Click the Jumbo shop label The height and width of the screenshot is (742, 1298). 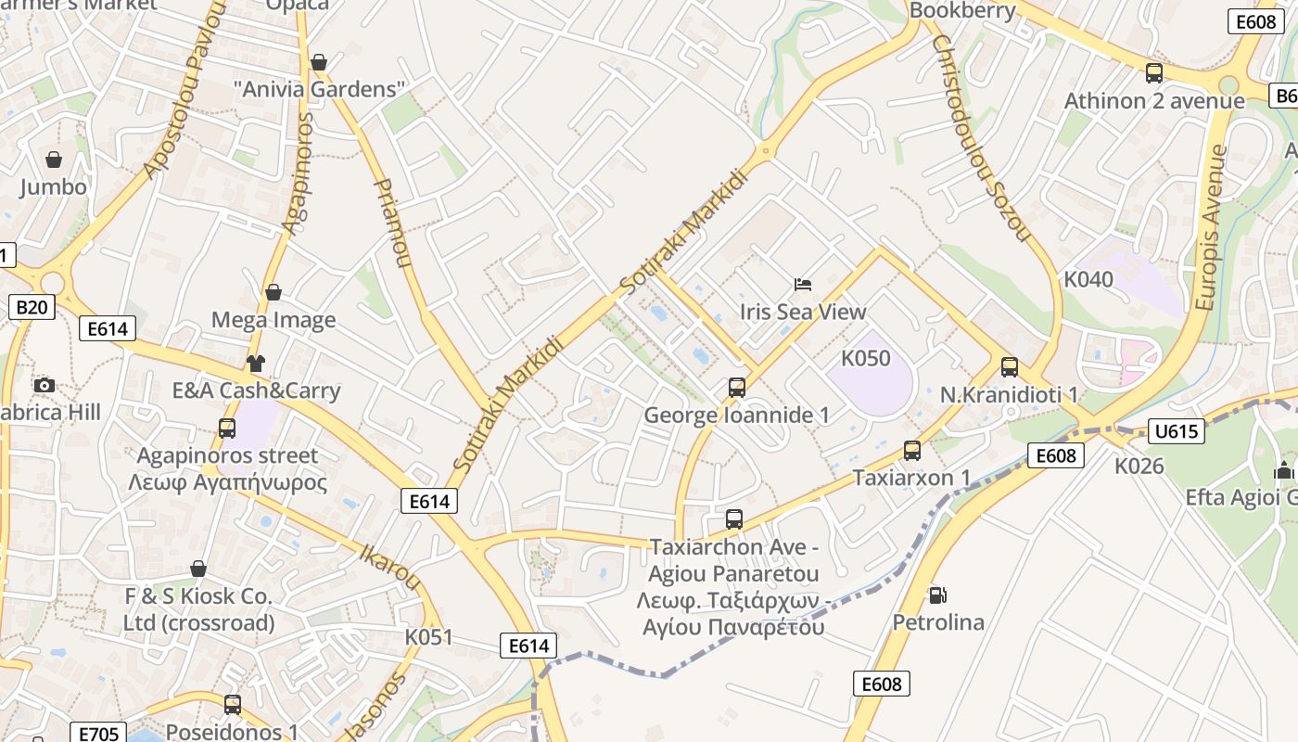[54, 186]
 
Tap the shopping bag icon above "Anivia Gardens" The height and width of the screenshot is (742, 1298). [319, 62]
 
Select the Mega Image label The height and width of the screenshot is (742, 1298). [274, 320]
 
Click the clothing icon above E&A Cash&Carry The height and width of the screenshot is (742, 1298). [256, 363]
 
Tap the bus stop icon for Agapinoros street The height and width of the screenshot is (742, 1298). [227, 428]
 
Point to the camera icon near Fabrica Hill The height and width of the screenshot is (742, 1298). [44, 385]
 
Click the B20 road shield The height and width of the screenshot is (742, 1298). [32, 307]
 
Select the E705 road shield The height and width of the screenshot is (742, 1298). [98, 734]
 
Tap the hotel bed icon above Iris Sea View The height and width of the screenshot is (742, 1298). [803, 284]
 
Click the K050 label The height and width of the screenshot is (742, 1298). [865, 358]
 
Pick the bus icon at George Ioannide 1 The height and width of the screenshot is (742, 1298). [737, 387]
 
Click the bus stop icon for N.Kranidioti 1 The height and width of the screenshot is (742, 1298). [1010, 366]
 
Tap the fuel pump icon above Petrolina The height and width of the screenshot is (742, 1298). [938, 594]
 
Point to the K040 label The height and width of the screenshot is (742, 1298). [1088, 279]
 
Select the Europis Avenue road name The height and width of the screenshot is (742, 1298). [1211, 227]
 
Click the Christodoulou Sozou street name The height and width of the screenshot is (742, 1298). [980, 139]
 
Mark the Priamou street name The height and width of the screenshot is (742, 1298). [390, 223]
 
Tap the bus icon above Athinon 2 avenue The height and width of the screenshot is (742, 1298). [1154, 72]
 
